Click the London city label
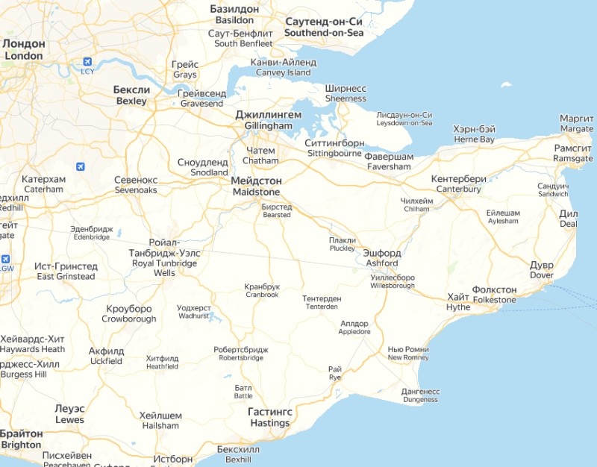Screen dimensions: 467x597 coord(23,50)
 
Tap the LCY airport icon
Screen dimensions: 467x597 coord(87,61)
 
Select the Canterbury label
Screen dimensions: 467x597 coord(458,184)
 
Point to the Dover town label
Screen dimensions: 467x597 coord(541,270)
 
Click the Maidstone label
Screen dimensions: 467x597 coord(257,187)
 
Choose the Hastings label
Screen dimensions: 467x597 coord(269,418)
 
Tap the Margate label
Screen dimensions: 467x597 coord(577,124)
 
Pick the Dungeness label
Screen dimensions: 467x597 coord(420,395)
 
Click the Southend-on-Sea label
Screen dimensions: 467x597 coord(324,28)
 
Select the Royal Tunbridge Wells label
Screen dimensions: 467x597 coord(164,258)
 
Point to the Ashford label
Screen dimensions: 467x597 coord(381,258)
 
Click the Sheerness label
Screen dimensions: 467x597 coord(346,93)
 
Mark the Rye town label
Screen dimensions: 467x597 coord(335,373)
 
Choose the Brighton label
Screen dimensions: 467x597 coord(21,439)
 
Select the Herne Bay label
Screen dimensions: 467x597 coord(474,134)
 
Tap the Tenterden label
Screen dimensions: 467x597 coord(322,303)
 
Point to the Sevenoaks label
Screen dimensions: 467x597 coord(136,185)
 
